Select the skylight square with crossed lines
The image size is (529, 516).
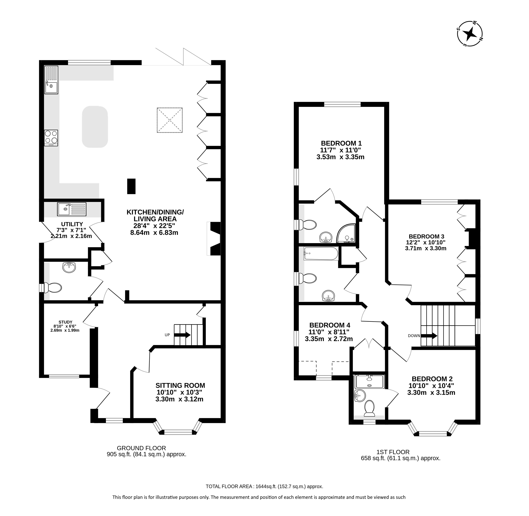click(170, 120)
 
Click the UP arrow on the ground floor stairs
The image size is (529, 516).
click(182, 335)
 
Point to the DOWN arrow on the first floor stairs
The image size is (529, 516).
click(429, 336)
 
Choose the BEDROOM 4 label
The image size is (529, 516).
click(330, 325)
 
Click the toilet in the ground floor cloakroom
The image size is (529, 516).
click(53, 288)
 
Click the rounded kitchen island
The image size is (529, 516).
click(95, 127)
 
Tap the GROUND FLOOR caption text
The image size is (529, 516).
click(141, 448)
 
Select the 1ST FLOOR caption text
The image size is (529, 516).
click(393, 452)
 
